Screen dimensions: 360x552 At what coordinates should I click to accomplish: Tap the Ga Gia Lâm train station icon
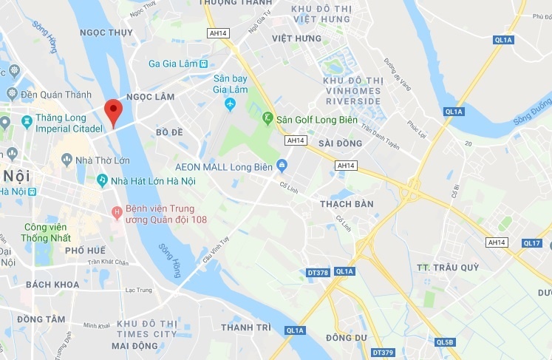click(203, 64)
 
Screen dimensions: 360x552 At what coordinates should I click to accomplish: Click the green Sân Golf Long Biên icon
click(268, 118)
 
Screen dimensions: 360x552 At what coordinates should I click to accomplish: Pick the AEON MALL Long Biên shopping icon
click(281, 164)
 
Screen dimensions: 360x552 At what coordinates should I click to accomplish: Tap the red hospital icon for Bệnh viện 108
click(116, 213)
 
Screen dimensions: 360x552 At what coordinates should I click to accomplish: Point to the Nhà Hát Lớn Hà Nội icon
click(102, 180)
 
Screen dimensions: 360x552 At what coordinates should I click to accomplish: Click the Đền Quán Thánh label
click(56, 94)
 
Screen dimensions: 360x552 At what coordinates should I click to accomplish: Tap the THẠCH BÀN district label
click(347, 203)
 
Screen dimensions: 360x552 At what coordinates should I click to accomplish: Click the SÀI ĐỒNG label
click(340, 143)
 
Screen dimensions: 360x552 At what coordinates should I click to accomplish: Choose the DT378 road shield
click(318, 273)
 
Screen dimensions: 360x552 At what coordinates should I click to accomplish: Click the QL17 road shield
click(532, 242)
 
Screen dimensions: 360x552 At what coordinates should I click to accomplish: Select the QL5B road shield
click(446, 342)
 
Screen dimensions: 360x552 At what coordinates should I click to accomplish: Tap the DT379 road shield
click(384, 352)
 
